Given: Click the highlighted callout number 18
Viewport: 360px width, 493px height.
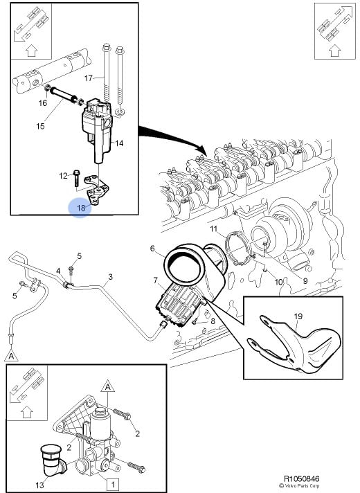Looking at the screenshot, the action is pyautogui.click(x=81, y=208).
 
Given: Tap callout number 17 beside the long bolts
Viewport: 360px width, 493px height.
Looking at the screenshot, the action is pyautogui.click(x=89, y=78).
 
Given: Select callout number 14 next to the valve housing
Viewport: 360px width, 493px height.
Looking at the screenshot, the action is pyautogui.click(x=119, y=143).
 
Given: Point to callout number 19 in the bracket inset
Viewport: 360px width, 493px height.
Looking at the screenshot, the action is pyautogui.click(x=298, y=316).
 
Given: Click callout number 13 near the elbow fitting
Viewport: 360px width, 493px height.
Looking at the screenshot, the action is pyautogui.click(x=40, y=485).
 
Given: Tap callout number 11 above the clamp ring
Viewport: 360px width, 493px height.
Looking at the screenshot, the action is pyautogui.click(x=214, y=228).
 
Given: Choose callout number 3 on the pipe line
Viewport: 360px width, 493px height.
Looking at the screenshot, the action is pyautogui.click(x=110, y=277).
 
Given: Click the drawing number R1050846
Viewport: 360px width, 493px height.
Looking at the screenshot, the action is pyautogui.click(x=302, y=479).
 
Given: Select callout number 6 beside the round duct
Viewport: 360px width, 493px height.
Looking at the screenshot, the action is pyautogui.click(x=152, y=249).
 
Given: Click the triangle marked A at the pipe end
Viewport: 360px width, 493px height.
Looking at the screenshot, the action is pyautogui.click(x=11, y=356).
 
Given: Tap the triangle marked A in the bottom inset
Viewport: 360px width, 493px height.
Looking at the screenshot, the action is pyautogui.click(x=107, y=386).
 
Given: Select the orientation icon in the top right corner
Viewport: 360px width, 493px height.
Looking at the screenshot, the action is pyautogui.click(x=335, y=30).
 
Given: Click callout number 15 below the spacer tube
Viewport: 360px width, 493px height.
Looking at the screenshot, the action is pyautogui.click(x=40, y=127).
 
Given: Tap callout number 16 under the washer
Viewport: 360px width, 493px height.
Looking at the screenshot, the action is pyautogui.click(x=43, y=102).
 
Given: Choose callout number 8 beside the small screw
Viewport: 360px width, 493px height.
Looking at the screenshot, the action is pyautogui.click(x=213, y=321).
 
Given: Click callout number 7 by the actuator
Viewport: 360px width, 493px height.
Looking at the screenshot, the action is pyautogui.click(x=155, y=280).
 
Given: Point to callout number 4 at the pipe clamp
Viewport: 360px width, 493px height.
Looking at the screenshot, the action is pyautogui.click(x=58, y=271).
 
